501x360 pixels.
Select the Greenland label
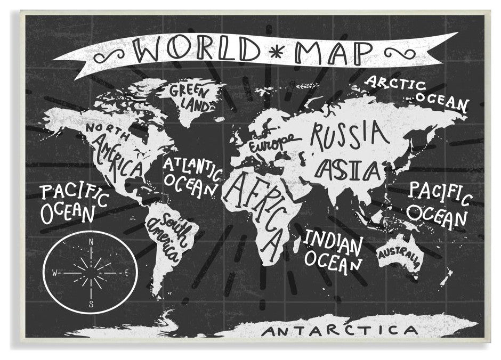point(191,97)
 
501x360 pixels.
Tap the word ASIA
point(349,170)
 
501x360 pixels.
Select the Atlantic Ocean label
point(192,175)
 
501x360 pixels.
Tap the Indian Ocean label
point(334,250)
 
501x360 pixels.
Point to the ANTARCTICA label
point(341,330)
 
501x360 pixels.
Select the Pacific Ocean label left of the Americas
point(74,203)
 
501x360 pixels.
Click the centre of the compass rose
point(91,273)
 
